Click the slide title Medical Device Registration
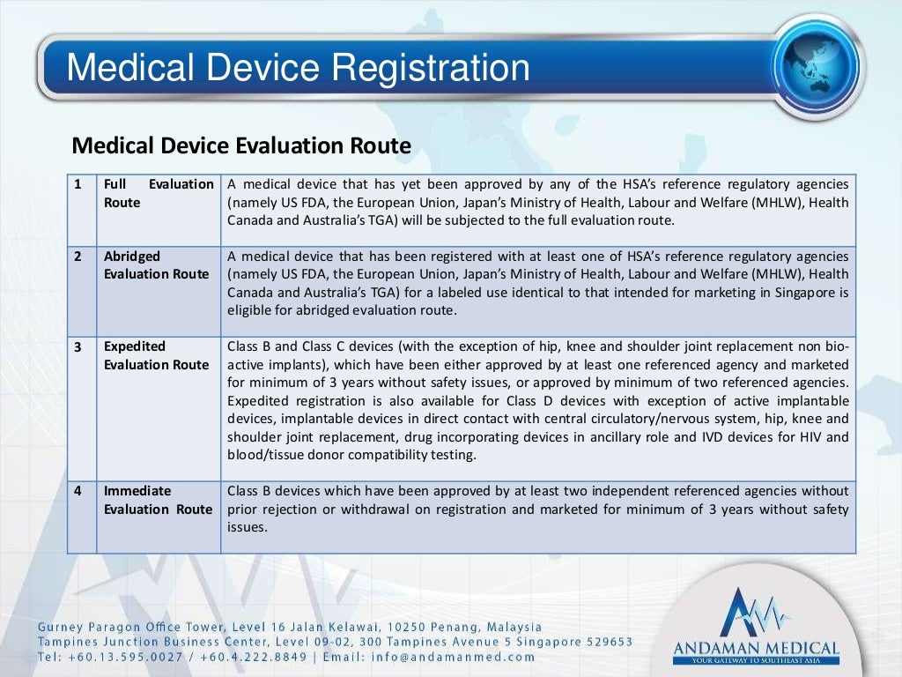coord(299,68)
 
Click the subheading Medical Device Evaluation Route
coord(240,145)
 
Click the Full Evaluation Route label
coord(158,193)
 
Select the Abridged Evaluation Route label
coord(156,265)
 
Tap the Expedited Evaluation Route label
coord(156,355)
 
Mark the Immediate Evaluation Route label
coord(158,500)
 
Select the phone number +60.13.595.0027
coord(122,657)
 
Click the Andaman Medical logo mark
coord(756,613)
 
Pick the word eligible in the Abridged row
coord(250,310)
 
